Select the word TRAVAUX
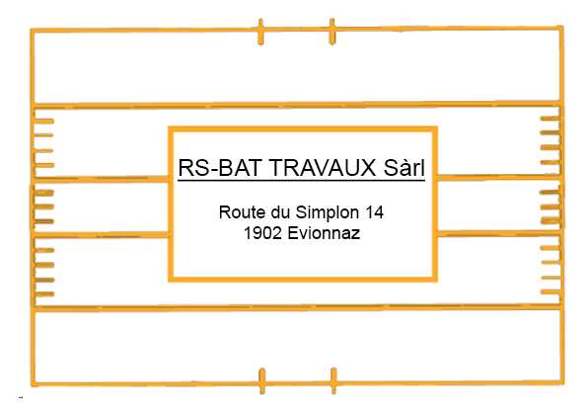coord(323,168)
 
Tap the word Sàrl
coord(404,168)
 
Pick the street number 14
coord(374,212)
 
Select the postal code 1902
coord(262,233)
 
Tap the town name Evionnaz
coord(324,233)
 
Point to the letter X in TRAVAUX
coord(368,168)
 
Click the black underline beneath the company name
coord(301,181)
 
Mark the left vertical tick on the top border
coord(260,32)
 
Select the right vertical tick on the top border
coord(332,32)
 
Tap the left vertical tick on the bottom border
coord(262,380)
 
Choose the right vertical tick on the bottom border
coord(333,380)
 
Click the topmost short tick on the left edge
coord(43,122)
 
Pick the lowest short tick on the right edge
coord(550,291)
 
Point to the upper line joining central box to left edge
coord(101,179)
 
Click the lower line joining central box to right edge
coord(499,233)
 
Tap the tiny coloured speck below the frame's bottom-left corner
coord(21,397)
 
